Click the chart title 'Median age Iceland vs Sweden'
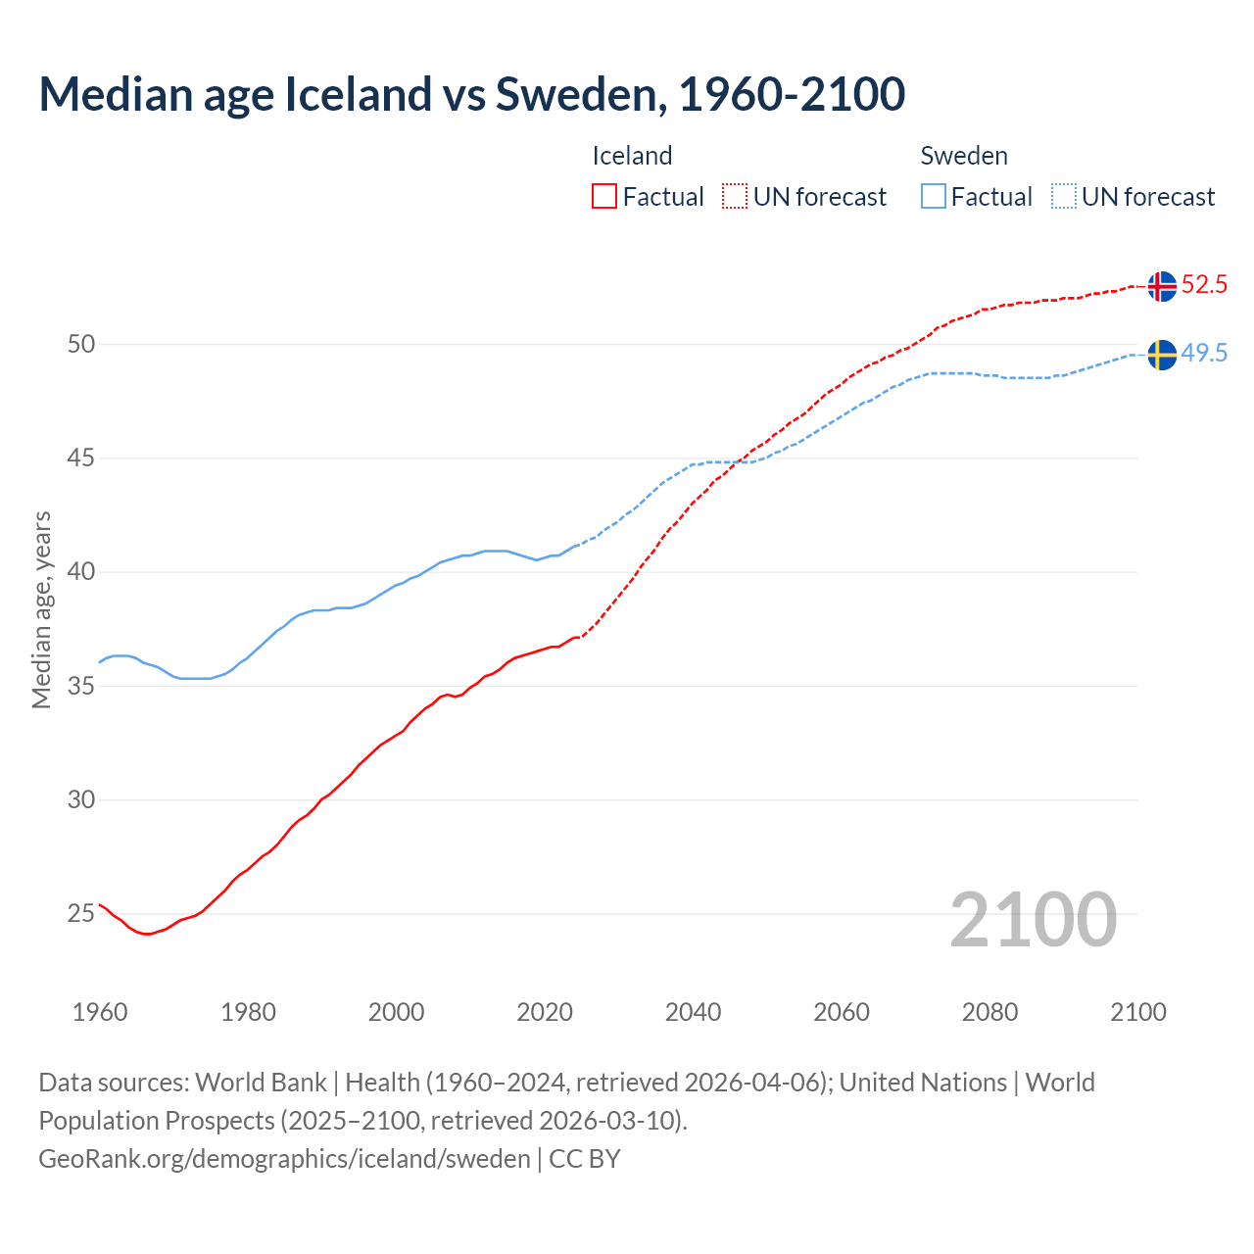(471, 94)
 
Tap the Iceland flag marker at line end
(1162, 286)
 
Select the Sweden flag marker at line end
(1162, 355)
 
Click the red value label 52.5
(1204, 285)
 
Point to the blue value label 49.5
(1204, 354)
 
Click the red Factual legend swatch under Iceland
(604, 196)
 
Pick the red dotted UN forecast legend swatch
(735, 196)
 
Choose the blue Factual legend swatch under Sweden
(934, 196)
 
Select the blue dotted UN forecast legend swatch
(1063, 196)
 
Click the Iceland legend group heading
(632, 156)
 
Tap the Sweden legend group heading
(964, 156)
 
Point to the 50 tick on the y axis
(81, 344)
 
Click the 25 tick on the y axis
(81, 914)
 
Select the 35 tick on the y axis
(81, 686)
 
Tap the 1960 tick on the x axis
(100, 1012)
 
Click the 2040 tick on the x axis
(693, 1012)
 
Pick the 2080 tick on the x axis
(989, 1012)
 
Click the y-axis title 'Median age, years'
(41, 609)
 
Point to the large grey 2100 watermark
(1034, 919)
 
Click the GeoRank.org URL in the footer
(284, 1159)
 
